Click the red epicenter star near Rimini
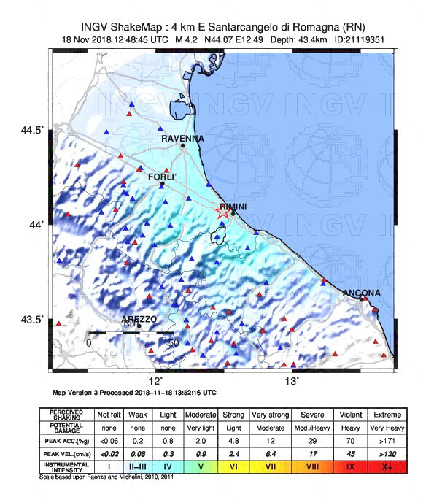(x=224, y=212)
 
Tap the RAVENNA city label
(x=182, y=138)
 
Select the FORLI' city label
(x=163, y=177)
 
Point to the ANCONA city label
(x=362, y=293)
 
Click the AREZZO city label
(x=139, y=319)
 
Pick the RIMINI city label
(x=233, y=207)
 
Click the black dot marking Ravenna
(x=183, y=145)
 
